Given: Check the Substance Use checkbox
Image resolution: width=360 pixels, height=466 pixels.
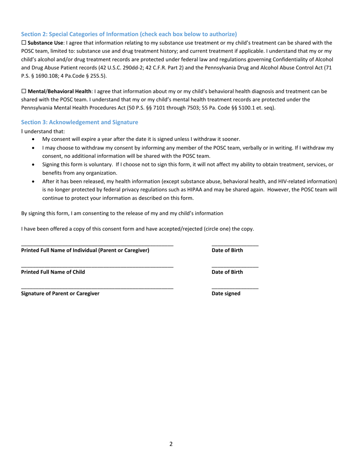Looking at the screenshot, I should coord(23,43).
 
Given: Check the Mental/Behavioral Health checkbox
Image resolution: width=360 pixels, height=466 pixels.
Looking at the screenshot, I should coord(23,92).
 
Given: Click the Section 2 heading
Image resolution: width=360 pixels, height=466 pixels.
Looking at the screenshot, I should coord(129,34).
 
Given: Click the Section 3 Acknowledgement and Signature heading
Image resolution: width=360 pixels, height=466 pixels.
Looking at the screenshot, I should coord(80,122).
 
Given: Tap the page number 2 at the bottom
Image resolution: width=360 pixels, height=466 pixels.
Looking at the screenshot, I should coord(171,444).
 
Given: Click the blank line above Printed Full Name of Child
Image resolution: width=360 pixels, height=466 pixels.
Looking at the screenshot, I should coord(97,267).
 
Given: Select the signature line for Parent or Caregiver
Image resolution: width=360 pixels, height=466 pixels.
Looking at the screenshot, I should coord(97,289).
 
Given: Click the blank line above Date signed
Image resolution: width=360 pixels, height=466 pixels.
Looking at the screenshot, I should coord(235,289).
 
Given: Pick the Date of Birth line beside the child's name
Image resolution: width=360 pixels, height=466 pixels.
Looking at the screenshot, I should coord(235,267).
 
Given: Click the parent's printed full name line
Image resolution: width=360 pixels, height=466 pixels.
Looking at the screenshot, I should coord(97,246).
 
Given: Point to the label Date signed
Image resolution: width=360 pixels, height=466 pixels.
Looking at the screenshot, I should coord(226,294).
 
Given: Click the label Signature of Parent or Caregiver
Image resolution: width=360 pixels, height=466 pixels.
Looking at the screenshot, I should coord(60,294).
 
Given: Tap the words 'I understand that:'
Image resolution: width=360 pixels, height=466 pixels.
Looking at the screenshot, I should coord(43,131).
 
